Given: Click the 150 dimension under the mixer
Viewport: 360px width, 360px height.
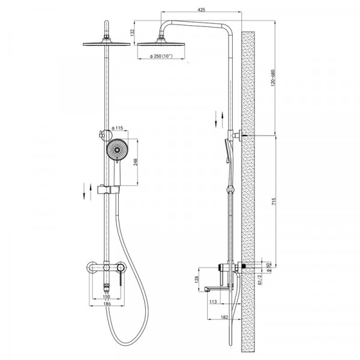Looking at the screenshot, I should (x=106, y=296).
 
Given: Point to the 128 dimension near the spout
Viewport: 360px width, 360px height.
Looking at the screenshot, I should (x=196, y=278).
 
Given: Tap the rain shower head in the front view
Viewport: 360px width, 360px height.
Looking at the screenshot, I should (x=106, y=43).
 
